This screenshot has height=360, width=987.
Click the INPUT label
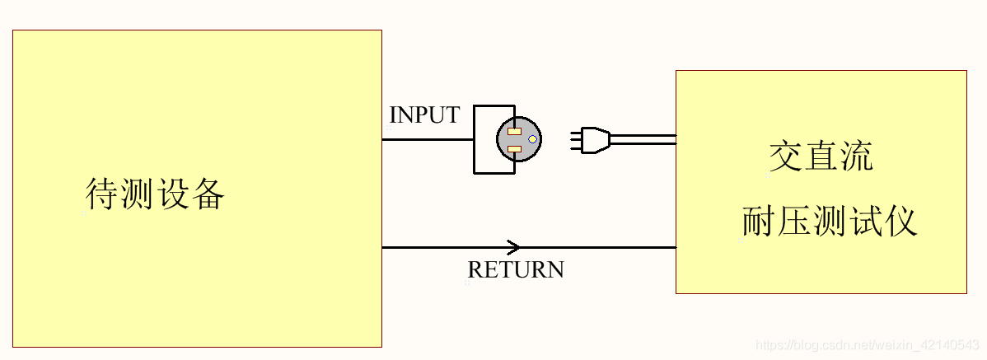(x=423, y=115)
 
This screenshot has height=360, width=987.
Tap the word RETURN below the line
(x=516, y=269)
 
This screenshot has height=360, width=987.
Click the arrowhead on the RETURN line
(x=514, y=247)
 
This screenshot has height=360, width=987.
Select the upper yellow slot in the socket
(x=513, y=131)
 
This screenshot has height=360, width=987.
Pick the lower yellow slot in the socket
(x=513, y=149)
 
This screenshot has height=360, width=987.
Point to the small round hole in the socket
(x=532, y=139)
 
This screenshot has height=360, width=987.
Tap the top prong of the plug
(x=574, y=131)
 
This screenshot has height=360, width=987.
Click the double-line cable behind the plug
(x=643, y=139)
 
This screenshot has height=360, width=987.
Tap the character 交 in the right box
(x=785, y=156)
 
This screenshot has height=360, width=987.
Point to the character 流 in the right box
(x=857, y=156)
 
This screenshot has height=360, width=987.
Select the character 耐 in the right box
(x=758, y=222)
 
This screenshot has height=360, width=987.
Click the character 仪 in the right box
(x=900, y=222)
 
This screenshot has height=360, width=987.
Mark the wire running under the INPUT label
(x=427, y=139)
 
